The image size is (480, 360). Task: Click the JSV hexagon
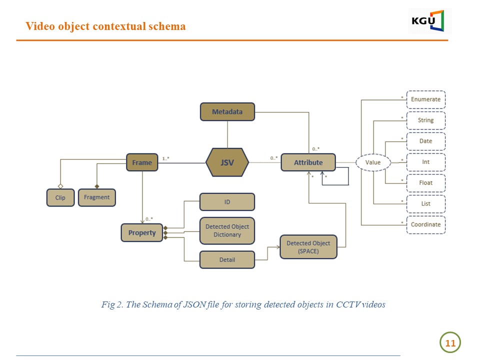coord(227,162)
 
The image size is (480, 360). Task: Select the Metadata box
coord(227,111)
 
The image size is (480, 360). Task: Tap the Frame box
coord(142,162)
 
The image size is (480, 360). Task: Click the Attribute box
coord(308,162)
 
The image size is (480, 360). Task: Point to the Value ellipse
coord(373,162)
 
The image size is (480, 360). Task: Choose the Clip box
coord(60,197)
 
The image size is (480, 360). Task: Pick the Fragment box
coord(96,197)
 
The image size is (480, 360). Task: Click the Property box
coord(142,232)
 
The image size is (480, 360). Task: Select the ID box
coord(227,201)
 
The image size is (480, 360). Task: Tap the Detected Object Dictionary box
coord(227,230)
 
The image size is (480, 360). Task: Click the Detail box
coord(227,259)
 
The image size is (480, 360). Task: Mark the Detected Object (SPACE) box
coord(308,247)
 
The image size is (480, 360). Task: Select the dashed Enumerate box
coord(425,99)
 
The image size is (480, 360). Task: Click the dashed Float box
coord(425,183)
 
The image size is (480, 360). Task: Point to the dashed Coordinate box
coord(425,224)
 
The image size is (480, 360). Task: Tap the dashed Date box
coord(425,141)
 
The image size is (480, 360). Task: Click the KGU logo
coord(429,21)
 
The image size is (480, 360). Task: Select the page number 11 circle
coord(450,343)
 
